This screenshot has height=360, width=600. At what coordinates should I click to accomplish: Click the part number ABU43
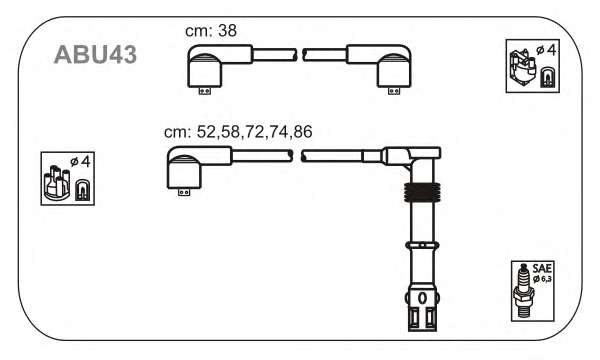click(95, 55)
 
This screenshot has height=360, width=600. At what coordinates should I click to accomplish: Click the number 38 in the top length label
click(227, 31)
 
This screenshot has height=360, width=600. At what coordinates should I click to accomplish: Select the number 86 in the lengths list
click(303, 132)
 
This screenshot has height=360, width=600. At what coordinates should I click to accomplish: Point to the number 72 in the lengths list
click(255, 132)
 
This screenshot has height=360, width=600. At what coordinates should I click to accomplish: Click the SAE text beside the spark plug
click(542, 268)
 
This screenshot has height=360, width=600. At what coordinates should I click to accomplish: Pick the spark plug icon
click(523, 291)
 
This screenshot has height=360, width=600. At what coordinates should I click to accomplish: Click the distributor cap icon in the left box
click(57, 182)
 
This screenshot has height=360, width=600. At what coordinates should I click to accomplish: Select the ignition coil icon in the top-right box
click(522, 68)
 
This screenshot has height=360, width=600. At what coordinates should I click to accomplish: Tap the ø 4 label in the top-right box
click(546, 50)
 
